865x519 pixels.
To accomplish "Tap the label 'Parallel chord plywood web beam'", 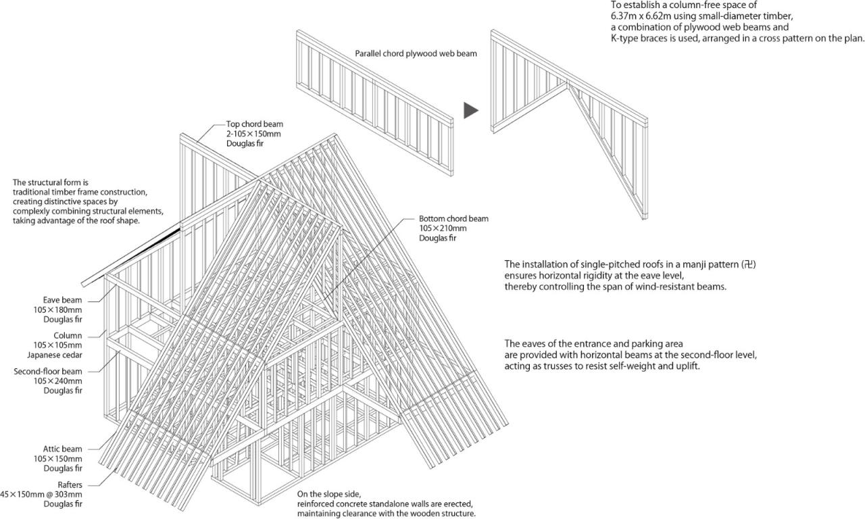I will click(x=416, y=53).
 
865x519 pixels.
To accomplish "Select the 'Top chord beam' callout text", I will click(x=254, y=124).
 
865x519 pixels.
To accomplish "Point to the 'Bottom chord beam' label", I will click(x=453, y=219).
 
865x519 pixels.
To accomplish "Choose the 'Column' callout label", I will click(x=68, y=336).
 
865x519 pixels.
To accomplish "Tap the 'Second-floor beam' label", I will click(x=48, y=372).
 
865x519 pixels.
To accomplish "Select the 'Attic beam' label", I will click(x=62, y=449).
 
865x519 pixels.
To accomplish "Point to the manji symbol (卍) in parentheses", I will click(x=748, y=264).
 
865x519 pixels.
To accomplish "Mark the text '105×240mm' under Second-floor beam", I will click(x=63, y=381).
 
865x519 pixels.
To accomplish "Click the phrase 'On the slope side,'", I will click(x=334, y=494).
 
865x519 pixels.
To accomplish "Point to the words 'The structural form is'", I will click(x=51, y=182).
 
